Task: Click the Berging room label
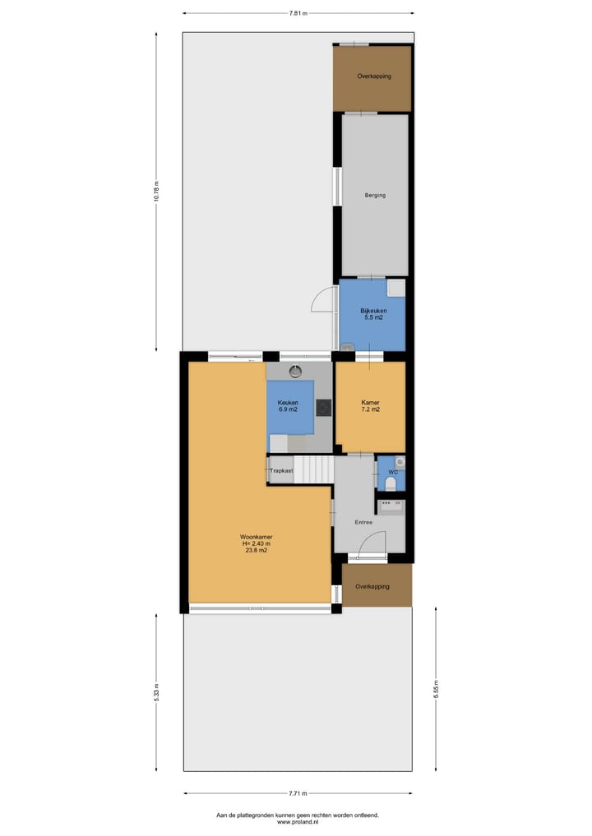pos(374,195)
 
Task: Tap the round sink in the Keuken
pos(295,371)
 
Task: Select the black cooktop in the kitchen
pos(324,407)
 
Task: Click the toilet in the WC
pos(391,485)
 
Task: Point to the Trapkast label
pos(281,470)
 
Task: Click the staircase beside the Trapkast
pos(313,470)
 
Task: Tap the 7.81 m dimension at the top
pos(298,13)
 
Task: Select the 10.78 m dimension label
pos(156,191)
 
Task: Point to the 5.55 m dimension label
pos(436,688)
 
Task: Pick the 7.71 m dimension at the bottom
pos(298,793)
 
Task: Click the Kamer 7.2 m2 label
pos(371,405)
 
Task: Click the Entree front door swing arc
pos(376,542)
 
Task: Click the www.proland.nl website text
pos(297,821)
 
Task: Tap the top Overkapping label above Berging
pos(373,76)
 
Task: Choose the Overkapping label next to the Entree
pos(372,586)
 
